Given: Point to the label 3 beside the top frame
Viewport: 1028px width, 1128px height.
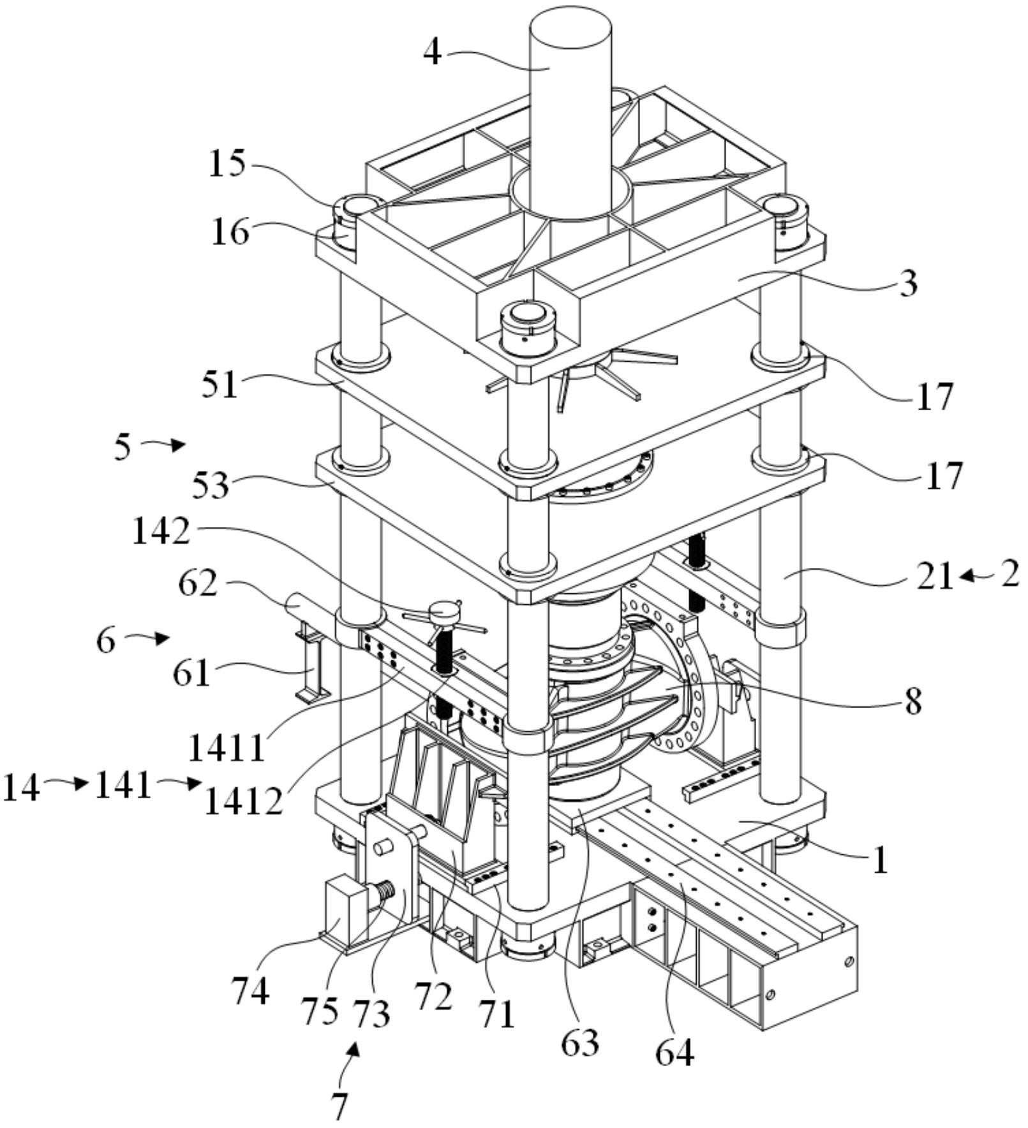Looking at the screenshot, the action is pos(908,283).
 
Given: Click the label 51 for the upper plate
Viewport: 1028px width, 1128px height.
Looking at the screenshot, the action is pos(220,385).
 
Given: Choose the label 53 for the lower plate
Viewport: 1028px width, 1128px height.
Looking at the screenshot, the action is pos(212,485).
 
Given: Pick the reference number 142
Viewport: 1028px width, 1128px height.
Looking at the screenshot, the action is pos(161,531).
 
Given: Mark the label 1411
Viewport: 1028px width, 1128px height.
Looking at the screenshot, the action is pos(227,748).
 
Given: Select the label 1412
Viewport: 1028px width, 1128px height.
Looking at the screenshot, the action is pos(242,802).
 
